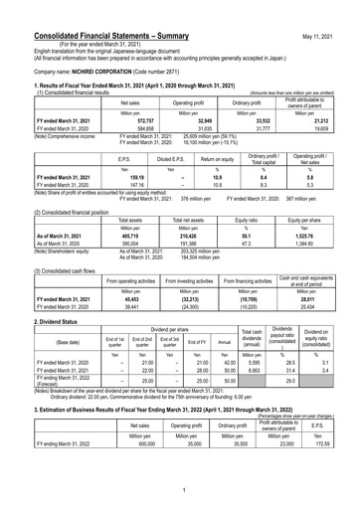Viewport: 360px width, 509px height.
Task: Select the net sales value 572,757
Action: click(131, 119)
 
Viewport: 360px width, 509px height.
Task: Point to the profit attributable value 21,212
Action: click(335, 119)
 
